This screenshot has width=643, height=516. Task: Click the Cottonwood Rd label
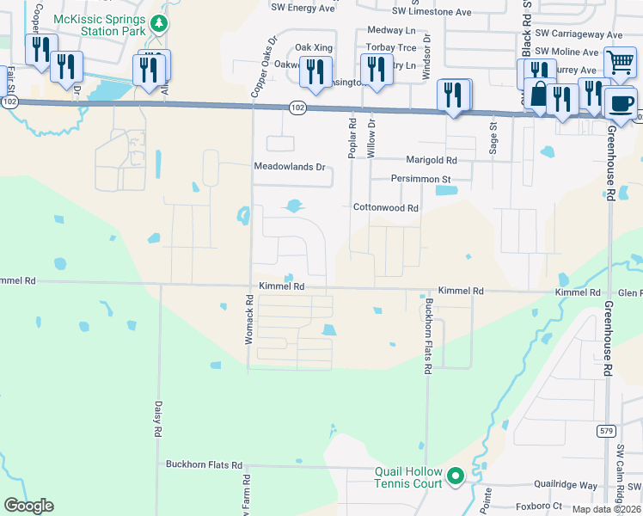[386, 208]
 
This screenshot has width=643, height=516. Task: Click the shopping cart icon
[619, 62]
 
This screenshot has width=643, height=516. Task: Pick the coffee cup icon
[620, 102]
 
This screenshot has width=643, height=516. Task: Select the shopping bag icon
[538, 93]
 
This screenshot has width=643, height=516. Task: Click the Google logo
[28, 506]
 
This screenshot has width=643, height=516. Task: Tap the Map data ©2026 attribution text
[606, 509]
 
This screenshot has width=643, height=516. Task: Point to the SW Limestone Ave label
[432, 12]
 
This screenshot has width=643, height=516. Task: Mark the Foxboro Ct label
[539, 506]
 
